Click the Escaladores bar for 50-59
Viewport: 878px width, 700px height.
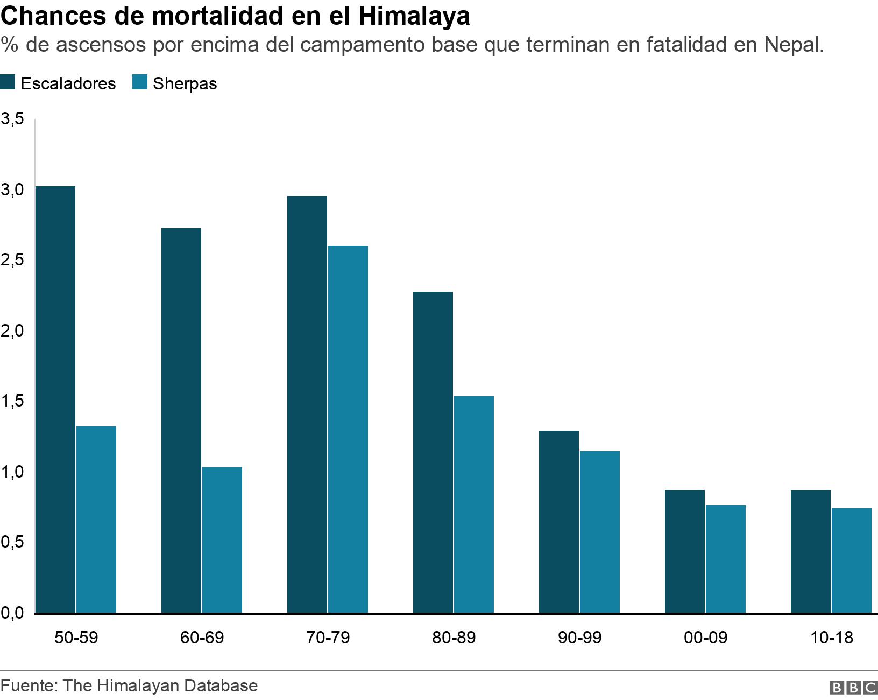(x=55, y=400)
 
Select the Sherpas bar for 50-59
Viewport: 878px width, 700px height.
(x=96, y=520)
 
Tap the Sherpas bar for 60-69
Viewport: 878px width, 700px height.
(x=222, y=540)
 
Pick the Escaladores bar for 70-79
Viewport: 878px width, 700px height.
(x=307, y=404)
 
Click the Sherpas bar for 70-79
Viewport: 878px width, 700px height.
(x=348, y=429)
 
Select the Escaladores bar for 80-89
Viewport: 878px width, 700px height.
(x=433, y=452)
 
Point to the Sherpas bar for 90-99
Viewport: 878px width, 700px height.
(x=600, y=532)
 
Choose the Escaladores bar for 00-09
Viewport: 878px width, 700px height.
(x=685, y=551)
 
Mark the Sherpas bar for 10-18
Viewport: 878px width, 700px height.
(x=852, y=561)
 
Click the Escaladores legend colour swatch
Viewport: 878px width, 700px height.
(x=9, y=83)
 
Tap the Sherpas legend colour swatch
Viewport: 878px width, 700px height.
(x=140, y=83)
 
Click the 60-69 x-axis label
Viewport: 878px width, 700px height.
(x=202, y=638)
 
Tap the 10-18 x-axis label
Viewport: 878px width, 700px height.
(x=831, y=638)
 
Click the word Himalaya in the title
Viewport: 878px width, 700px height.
(x=413, y=16)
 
